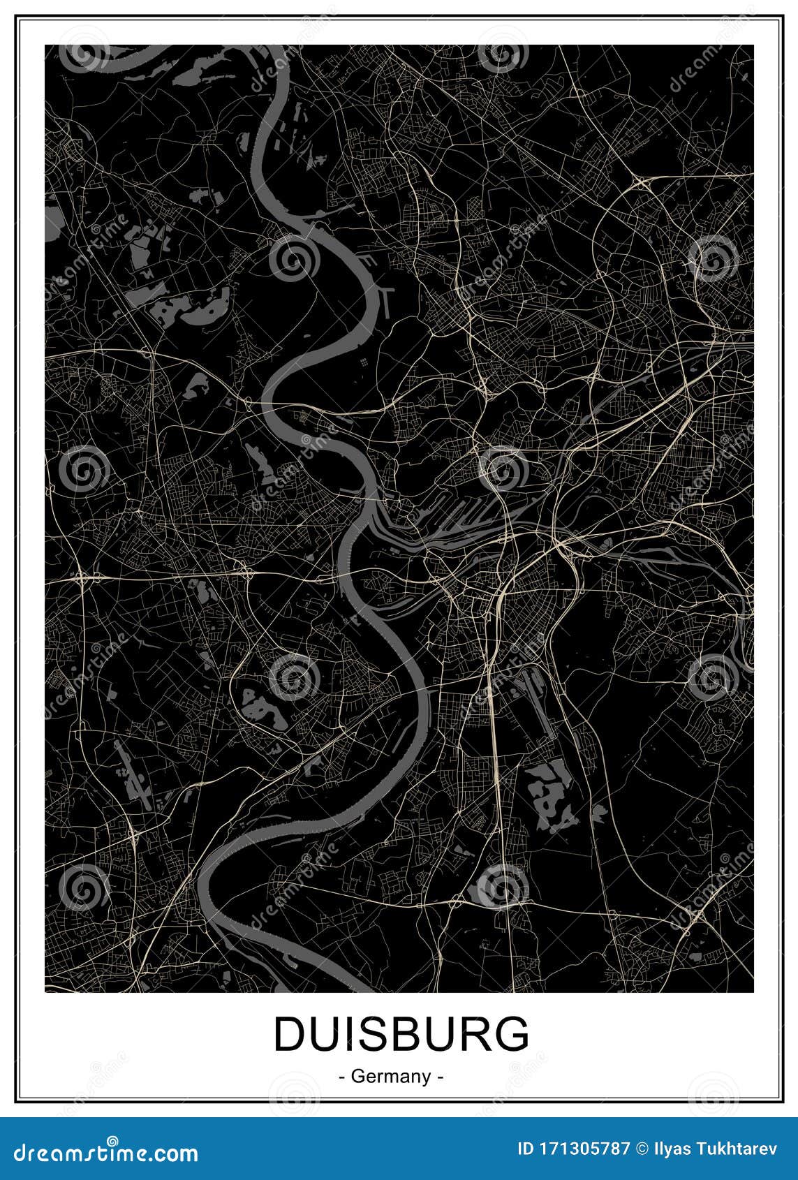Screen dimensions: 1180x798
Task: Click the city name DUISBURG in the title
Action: point(401,1034)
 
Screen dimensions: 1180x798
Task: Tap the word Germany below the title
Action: point(391,1077)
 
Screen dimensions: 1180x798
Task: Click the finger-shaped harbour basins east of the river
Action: point(461,517)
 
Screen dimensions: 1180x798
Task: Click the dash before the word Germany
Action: point(341,1077)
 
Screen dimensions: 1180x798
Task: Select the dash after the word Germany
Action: point(440,1077)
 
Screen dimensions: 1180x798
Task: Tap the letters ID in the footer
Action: point(525,1148)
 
